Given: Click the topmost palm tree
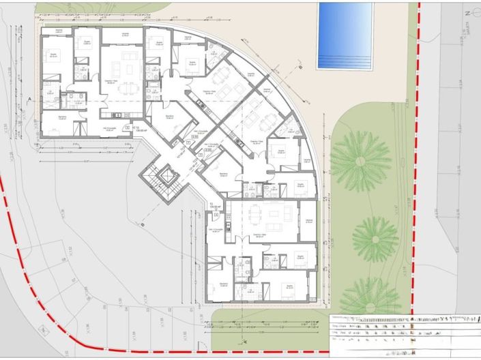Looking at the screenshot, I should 360,161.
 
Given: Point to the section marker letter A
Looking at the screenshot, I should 31,99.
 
